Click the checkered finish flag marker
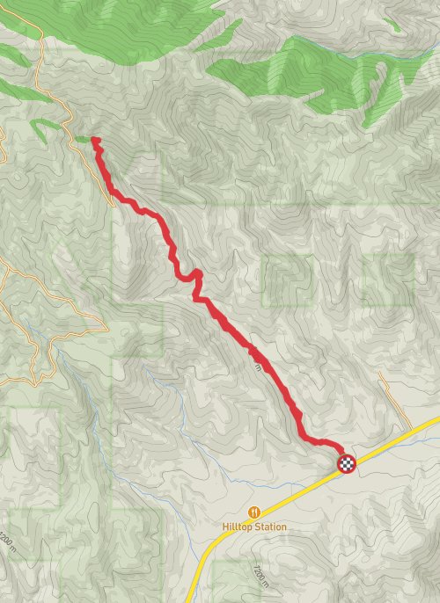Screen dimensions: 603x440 click(x=347, y=463)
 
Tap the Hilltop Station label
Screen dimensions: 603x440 click(x=254, y=527)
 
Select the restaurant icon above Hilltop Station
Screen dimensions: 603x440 click(x=254, y=512)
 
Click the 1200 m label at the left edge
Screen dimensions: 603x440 click(x=8, y=538)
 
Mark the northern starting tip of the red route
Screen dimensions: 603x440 click(x=94, y=140)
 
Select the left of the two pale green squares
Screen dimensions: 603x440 click(x=287, y=280)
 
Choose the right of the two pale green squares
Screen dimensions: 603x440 click(x=388, y=280)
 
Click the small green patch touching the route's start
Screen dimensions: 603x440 click(x=83, y=139)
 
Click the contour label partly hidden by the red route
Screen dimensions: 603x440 click(x=257, y=360)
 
